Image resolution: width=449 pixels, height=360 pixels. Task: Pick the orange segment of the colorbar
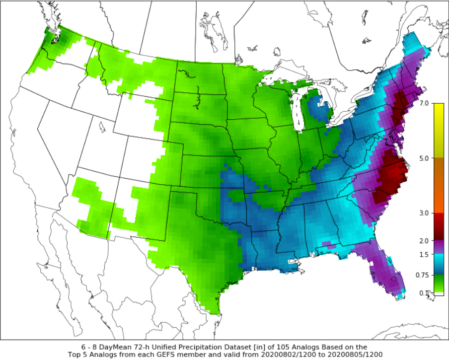coord(439,199)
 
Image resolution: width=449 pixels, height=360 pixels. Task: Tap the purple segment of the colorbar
coord(439,247)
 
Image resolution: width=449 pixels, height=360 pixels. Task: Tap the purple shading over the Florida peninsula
coord(385,271)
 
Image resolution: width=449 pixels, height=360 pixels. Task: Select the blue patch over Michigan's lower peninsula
coord(318,107)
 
